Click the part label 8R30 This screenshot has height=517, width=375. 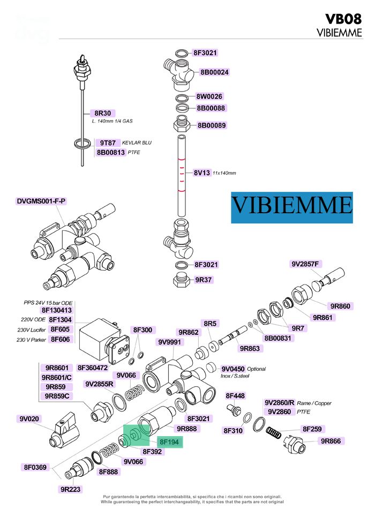pyautogui.click(x=102, y=113)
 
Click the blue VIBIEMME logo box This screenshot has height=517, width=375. pyautogui.click(x=292, y=207)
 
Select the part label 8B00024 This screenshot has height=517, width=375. pyautogui.click(x=214, y=72)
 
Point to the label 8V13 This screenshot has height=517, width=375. pyautogui.click(x=201, y=173)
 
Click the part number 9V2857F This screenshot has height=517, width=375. pyautogui.click(x=305, y=264)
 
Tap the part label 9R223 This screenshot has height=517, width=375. pyautogui.click(x=70, y=489)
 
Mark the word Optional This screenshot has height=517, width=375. pyautogui.click(x=257, y=369)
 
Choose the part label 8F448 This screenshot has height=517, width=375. pyautogui.click(x=235, y=396)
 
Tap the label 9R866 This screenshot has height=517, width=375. pyautogui.click(x=332, y=441)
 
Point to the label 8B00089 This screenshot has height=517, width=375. pyautogui.click(x=212, y=126)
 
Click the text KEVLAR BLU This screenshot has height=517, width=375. pyautogui.click(x=137, y=143)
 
